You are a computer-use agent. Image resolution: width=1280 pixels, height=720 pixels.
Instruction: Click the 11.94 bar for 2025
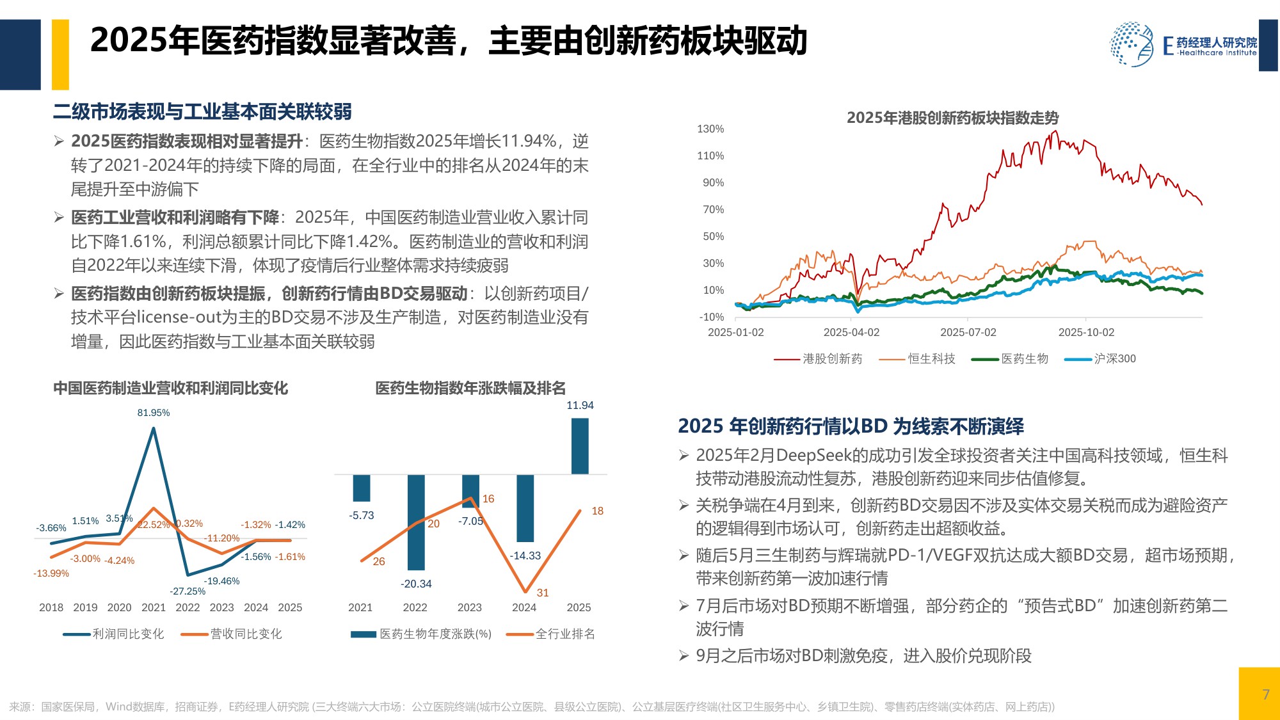pos(580,446)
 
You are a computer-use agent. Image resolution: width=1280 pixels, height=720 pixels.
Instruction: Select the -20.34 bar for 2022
pos(415,522)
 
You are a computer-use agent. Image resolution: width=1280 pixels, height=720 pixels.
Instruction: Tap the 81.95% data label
pos(154,413)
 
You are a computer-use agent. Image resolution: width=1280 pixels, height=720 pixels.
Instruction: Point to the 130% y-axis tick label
pos(710,129)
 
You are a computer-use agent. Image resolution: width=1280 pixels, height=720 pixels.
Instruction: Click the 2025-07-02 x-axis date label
pos(968,332)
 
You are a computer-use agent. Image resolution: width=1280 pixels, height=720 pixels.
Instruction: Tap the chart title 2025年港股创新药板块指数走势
pos(952,118)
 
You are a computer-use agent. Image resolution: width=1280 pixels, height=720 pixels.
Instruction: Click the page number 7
pos(1265,694)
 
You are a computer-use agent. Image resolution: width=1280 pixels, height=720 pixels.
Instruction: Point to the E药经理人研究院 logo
pos(1184,45)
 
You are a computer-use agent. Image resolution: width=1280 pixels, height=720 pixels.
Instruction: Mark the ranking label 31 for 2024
pos(543,593)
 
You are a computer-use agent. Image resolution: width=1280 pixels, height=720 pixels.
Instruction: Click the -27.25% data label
pos(188,591)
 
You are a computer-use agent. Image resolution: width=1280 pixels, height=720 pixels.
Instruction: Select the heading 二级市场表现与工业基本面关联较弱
pos(202,112)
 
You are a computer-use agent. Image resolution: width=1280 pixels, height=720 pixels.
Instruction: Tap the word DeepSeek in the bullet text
pos(813,455)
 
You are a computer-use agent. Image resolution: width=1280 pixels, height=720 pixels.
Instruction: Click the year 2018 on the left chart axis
pos(51,607)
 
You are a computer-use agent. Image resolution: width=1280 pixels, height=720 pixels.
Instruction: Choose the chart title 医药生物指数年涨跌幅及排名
pos(470,388)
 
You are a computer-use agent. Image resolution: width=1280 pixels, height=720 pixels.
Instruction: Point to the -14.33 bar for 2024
pos(525,508)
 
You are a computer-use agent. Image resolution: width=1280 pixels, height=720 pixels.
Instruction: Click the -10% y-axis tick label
pos(712,317)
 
